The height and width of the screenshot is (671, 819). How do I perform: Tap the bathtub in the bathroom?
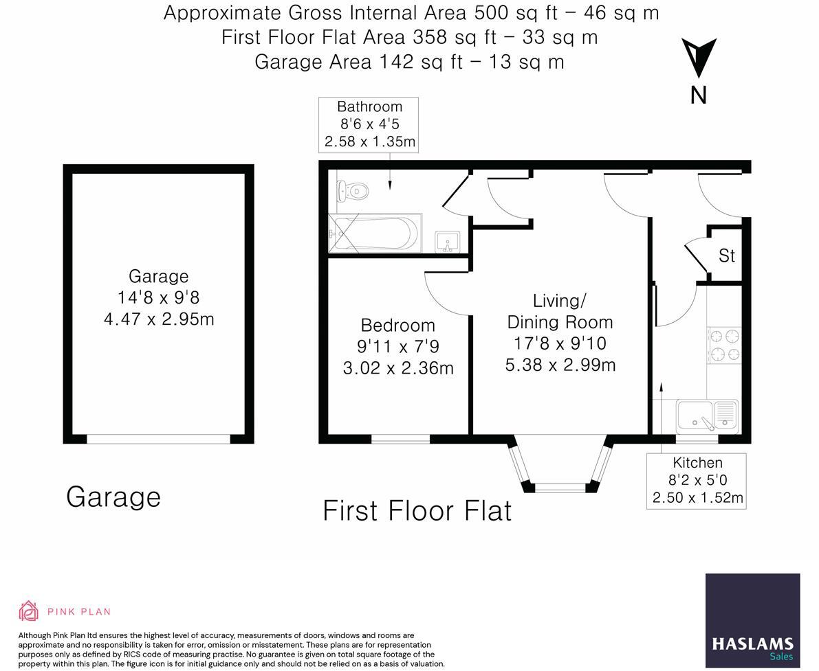click(375, 233)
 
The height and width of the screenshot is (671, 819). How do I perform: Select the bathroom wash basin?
click(448, 241)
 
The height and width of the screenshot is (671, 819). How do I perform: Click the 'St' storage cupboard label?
click(727, 255)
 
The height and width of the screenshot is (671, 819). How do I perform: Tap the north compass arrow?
click(699, 58)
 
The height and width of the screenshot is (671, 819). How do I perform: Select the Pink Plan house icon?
click(29, 611)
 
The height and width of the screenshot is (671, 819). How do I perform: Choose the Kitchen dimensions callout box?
click(697, 481)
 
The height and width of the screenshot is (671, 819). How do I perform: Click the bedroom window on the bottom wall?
click(400, 439)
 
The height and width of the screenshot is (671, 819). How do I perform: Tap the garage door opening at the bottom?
click(158, 439)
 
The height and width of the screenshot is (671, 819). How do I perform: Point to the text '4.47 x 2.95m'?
click(159, 319)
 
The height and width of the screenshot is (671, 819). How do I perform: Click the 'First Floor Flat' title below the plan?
click(417, 512)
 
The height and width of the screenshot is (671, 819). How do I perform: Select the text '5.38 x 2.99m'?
click(560, 365)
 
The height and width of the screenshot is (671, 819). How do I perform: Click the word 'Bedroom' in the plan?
click(397, 326)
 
